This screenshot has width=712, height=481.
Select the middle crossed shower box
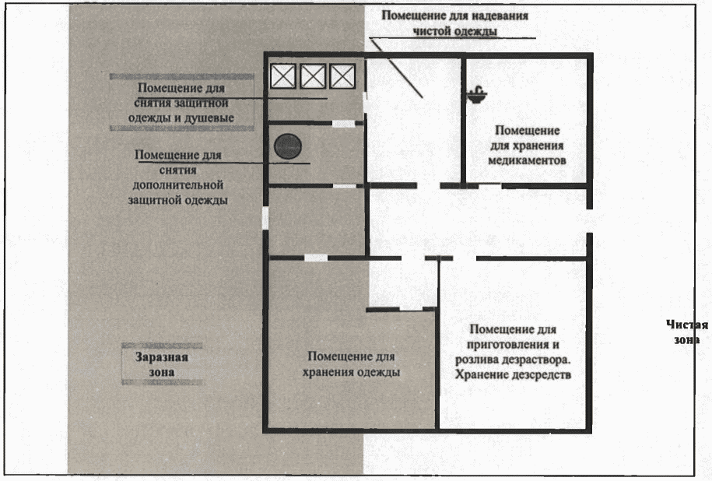coord(313,76)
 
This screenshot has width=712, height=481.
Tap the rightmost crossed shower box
coord(342,76)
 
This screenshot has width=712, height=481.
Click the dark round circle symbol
coord(287,146)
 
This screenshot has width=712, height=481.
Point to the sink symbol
coord(475,96)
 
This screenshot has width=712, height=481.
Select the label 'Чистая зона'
coord(687,332)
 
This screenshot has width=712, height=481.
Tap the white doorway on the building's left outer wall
coord(265,217)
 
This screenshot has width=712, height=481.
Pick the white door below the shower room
coord(343,123)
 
